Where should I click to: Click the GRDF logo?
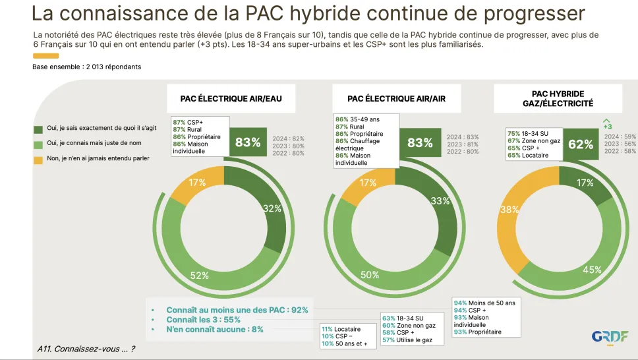610,338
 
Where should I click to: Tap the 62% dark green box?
581,144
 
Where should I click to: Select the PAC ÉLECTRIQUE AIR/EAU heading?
231,98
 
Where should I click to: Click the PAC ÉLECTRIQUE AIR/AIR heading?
396,98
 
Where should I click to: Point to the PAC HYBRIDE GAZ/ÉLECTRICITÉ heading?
558,98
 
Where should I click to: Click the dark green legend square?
38,129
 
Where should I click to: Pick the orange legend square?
38,160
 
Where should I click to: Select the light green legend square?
38,144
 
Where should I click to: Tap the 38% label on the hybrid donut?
509,210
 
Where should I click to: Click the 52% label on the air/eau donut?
199,276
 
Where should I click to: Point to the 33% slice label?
440,200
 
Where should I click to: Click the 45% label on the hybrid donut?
592,270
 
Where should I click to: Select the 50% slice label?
370,275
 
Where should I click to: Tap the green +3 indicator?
606,124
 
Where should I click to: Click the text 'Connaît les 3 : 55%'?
204,320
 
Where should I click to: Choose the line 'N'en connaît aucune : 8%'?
215,330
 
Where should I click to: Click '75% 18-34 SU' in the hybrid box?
528,134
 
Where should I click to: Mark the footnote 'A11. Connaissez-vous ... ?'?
86,349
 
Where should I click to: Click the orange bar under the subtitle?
46,56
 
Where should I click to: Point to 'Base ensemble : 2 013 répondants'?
86,67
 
